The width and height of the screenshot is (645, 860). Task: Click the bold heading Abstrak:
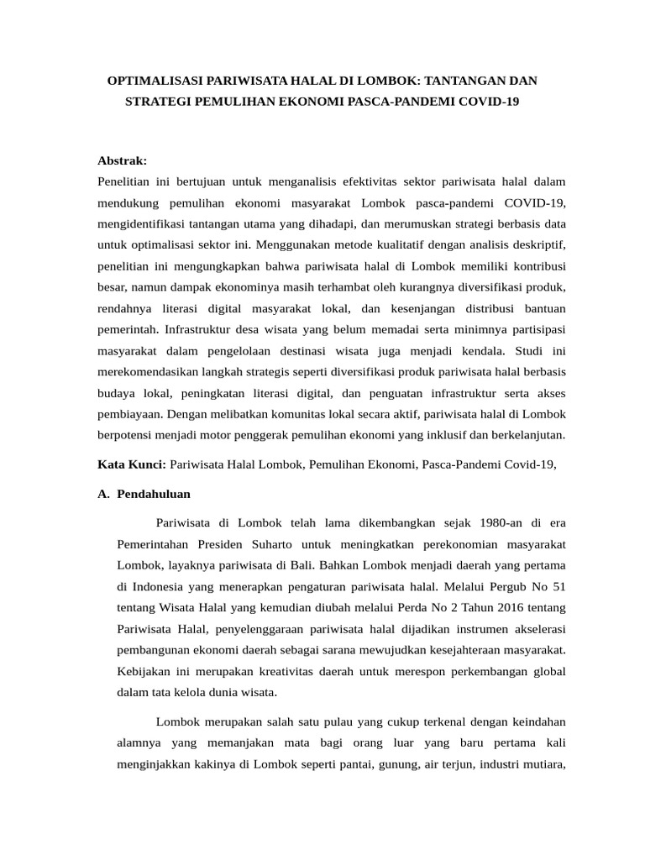(x=123, y=160)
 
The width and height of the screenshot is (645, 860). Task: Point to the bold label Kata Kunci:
(x=133, y=464)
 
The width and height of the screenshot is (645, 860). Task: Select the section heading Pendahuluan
(x=154, y=494)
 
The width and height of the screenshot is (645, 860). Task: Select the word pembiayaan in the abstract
(x=130, y=414)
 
